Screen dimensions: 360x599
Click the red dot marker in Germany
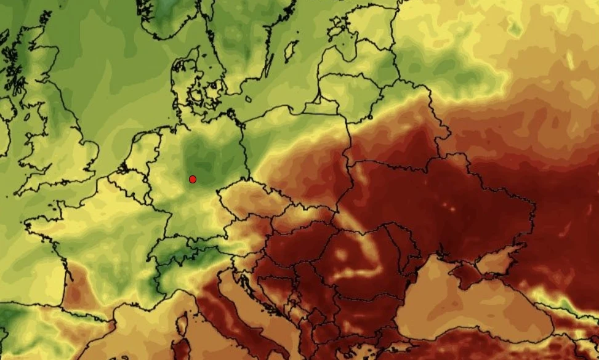pyautogui.click(x=193, y=179)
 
